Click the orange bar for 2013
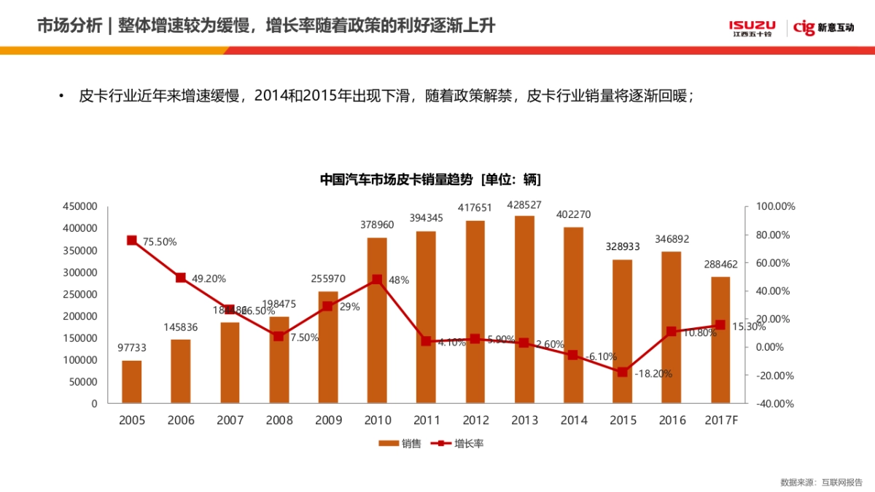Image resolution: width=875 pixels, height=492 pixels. [x=524, y=310]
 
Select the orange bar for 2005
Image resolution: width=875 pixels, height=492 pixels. [x=132, y=381]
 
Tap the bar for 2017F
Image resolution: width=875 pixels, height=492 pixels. [x=720, y=340]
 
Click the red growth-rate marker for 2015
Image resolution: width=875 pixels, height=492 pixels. [x=622, y=372]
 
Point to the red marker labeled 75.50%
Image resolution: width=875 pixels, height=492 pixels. [x=132, y=241]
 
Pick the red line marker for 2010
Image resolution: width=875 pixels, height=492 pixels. [x=377, y=279]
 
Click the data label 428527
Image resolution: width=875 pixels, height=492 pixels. [x=524, y=205]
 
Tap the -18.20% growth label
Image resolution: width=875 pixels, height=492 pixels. [x=653, y=374]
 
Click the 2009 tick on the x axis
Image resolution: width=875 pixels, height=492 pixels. [x=328, y=421]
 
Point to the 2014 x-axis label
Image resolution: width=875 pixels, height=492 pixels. [x=573, y=421]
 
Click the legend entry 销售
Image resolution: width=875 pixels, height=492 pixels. [x=400, y=443]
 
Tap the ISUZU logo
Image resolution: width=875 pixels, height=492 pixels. [x=752, y=28]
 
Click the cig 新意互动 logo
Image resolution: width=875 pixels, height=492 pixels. [x=824, y=28]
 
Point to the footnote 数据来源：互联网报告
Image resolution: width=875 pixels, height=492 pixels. [x=821, y=482]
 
